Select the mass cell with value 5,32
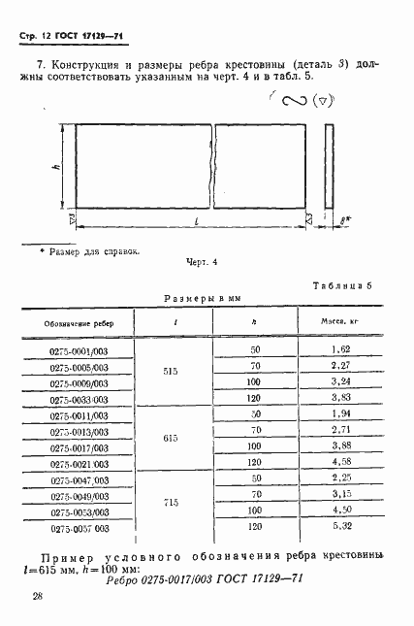coord(339,527)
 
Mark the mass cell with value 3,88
coord(339,447)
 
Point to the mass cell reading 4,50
coord(339,511)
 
